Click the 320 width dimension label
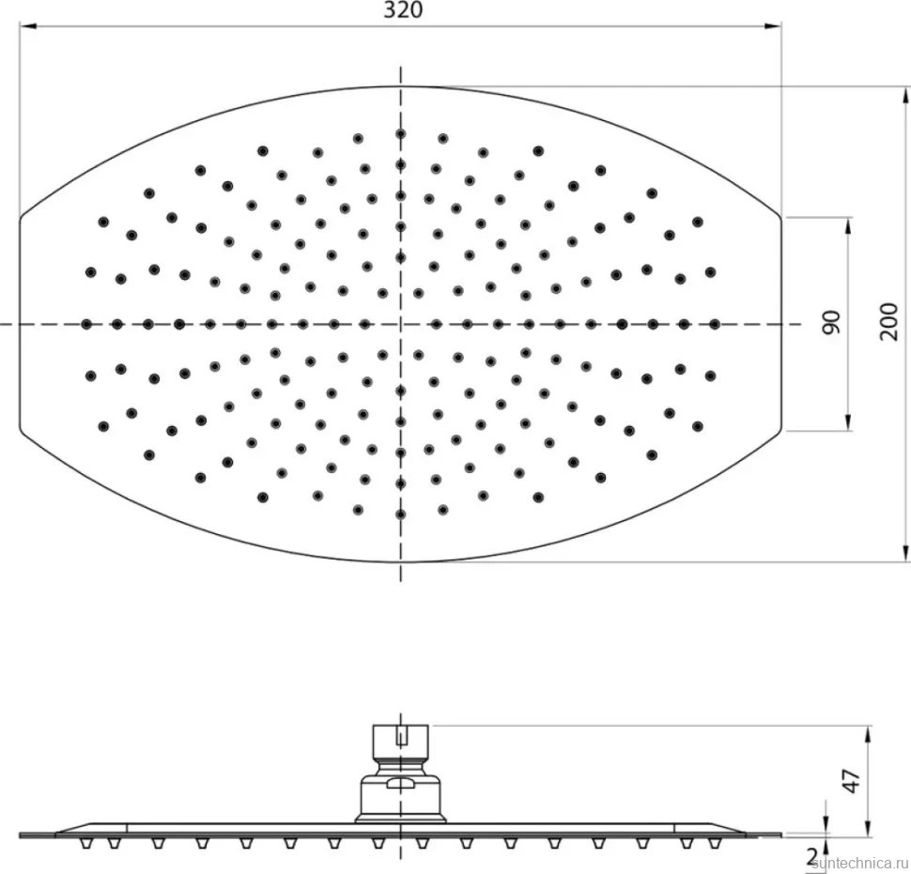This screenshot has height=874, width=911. [403, 10]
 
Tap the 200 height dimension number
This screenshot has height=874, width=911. [889, 322]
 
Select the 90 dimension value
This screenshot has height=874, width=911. [832, 322]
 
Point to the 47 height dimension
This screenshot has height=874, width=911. [851, 781]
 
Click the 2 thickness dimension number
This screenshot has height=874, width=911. [812, 855]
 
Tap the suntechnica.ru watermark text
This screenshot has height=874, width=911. [860, 866]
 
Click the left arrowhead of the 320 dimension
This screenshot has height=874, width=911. [28, 25]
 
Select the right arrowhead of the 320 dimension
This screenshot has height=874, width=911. [773, 25]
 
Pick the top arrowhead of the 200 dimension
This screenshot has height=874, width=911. [904, 95]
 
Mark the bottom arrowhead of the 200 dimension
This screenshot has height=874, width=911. [904, 554]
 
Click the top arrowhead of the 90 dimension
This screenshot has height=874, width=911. [848, 226]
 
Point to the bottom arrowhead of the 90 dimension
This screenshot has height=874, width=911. [848, 422]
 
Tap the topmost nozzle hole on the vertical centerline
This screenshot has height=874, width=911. [400, 134]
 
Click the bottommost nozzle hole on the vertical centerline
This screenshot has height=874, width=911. [400, 514]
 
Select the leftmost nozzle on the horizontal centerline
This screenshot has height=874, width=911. [86, 324]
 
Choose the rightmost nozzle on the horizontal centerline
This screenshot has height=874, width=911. [715, 324]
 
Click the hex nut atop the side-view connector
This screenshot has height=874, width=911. [400, 738]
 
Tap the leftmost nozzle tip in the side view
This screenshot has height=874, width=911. [86, 843]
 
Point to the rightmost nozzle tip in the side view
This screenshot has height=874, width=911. [715, 843]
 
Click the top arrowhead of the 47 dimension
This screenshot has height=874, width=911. [868, 734]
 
